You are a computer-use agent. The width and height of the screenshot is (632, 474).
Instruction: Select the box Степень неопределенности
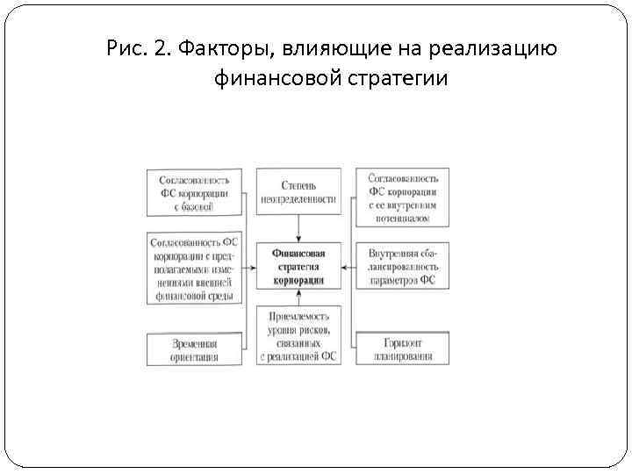pyautogui.click(x=298, y=192)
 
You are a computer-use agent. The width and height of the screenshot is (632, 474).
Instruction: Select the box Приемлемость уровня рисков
pyautogui.click(x=298, y=336)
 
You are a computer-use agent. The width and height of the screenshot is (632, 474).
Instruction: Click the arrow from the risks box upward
pyautogui.click(x=298, y=298)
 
